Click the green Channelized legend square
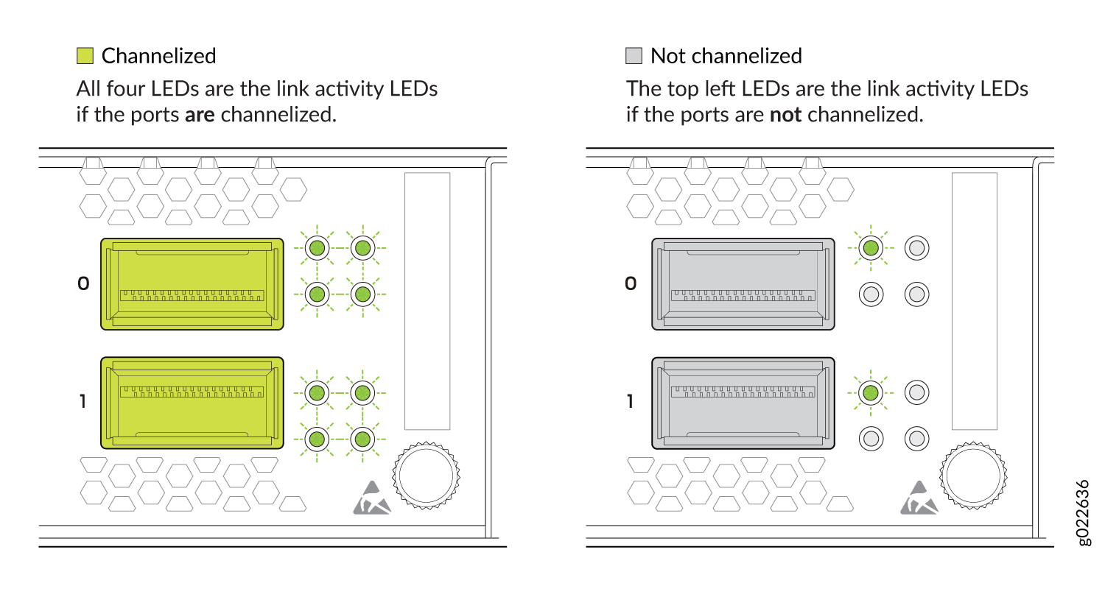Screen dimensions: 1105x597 [x=85, y=56]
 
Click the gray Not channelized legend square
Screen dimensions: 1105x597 [x=634, y=56]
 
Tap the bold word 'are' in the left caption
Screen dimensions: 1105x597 [x=200, y=115]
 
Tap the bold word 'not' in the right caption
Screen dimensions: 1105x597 [x=785, y=115]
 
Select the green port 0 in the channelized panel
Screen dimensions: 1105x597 [x=192, y=284]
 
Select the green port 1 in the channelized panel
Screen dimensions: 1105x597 [x=192, y=403]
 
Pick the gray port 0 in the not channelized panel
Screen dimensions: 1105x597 [x=743, y=284]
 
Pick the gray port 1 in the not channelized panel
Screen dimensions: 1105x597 [x=743, y=403]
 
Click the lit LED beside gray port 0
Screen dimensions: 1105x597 [x=871, y=247]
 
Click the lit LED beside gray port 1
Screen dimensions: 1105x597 [x=871, y=393]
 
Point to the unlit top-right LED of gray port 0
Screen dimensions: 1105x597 [x=916, y=247]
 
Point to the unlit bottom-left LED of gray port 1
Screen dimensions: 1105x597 [x=871, y=438]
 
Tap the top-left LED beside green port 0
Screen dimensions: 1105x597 [x=317, y=247]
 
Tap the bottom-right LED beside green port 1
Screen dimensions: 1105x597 [x=362, y=438]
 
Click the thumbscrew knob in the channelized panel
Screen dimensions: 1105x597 [x=427, y=476]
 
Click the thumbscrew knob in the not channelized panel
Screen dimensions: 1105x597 [x=973, y=476]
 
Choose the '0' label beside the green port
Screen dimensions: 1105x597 [x=83, y=283]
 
